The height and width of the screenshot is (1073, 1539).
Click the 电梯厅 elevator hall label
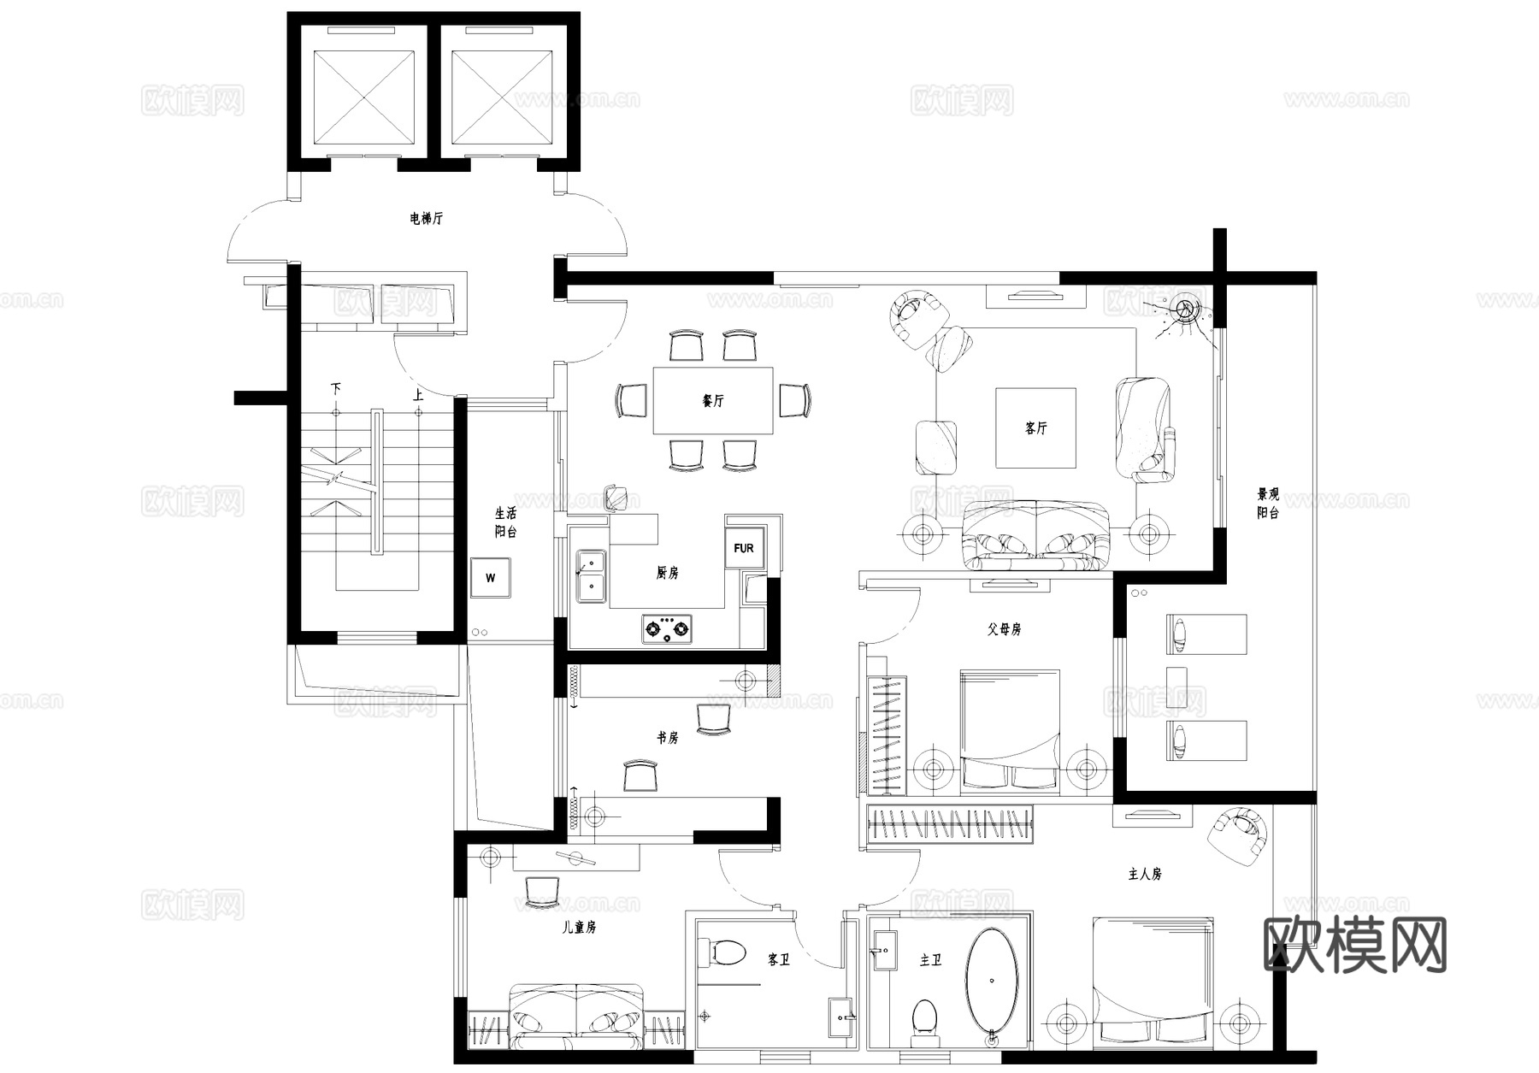click(x=426, y=219)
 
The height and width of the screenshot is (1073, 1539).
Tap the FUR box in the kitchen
click(x=743, y=548)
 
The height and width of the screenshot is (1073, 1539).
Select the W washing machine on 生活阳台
click(x=490, y=578)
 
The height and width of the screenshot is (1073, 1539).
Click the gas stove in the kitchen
click(x=667, y=629)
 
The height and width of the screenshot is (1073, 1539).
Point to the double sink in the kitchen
click(x=590, y=575)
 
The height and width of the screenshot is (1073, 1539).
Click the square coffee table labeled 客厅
click(x=1035, y=427)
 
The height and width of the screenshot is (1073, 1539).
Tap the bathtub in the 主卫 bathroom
click(x=992, y=983)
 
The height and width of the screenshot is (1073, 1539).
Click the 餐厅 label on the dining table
click(x=712, y=400)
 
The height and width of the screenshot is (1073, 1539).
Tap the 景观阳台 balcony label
click(x=1267, y=504)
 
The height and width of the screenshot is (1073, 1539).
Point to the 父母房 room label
click(x=1004, y=629)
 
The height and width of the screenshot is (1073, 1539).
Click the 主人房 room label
click(x=1144, y=874)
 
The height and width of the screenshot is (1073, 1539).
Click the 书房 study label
click(x=667, y=737)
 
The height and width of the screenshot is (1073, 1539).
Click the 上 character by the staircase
click(x=417, y=395)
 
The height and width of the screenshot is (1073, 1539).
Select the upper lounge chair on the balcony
click(x=1206, y=634)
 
